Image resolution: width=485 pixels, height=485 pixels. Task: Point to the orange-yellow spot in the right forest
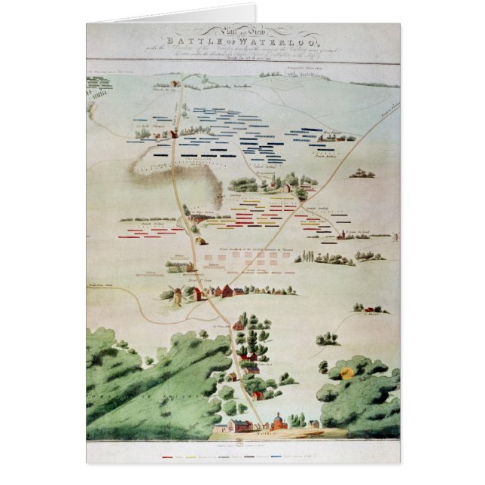coord(346,373)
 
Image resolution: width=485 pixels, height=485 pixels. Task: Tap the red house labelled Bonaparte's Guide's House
coord(175,133)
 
